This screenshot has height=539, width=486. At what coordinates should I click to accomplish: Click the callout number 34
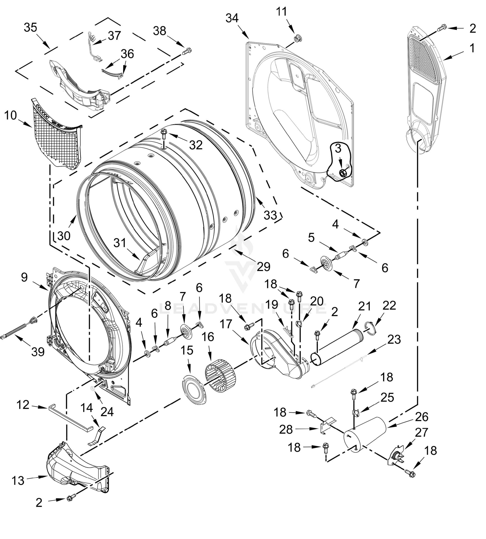232,18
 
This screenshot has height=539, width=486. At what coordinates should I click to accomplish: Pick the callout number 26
422,417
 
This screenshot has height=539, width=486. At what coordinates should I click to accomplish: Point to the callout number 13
18,481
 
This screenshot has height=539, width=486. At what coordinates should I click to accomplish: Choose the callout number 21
364,307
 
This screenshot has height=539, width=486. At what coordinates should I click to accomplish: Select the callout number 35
30,27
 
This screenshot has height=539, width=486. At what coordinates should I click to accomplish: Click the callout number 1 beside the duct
472,48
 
